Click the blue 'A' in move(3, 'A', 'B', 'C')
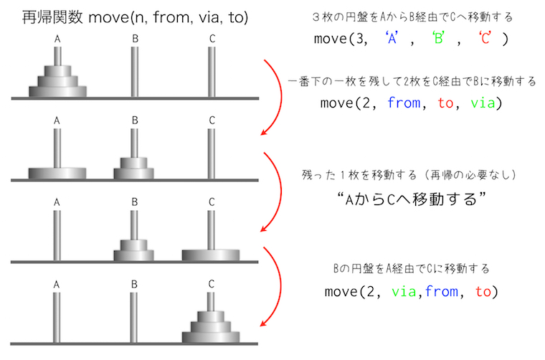coord(393,39)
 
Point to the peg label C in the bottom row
coord(211,284)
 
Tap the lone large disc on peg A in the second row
coord(57,173)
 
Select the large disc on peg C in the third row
coord(211,254)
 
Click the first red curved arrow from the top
coord(272,97)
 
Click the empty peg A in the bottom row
coord(57,316)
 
